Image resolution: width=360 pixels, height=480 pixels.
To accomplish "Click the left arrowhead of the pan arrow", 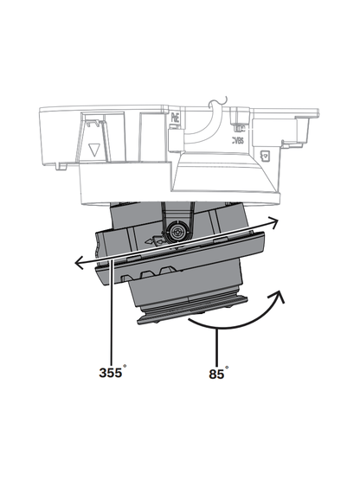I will tap(76, 260).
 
